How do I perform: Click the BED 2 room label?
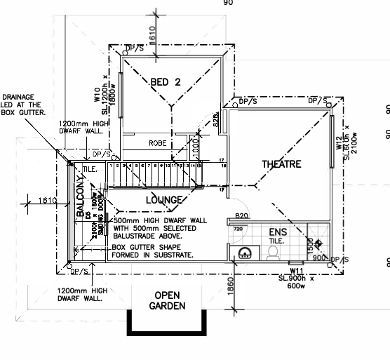coord(166,82)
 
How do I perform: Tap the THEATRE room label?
coord(281,164)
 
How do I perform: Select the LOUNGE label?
coord(164,200)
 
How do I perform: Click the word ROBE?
coord(157,143)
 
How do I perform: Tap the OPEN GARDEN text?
coord(166,300)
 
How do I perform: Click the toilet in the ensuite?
coord(272,255)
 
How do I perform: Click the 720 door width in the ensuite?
coord(237,229)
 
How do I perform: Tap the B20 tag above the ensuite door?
coord(242,215)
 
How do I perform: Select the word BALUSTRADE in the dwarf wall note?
coord(134,236)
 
